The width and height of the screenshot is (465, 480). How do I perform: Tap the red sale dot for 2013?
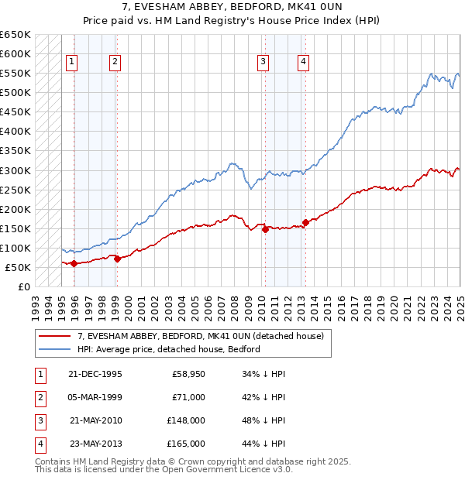pos(305,223)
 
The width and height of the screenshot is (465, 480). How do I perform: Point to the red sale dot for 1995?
pos(74,264)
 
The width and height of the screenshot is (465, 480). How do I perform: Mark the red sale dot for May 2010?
pos(265,229)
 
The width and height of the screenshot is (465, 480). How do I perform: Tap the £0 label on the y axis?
pos(24,286)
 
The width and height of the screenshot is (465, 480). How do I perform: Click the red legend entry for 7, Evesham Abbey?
pos(205,336)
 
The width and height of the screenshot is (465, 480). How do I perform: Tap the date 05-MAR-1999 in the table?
pos(95,397)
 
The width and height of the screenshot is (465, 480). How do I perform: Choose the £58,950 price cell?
pos(188,374)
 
